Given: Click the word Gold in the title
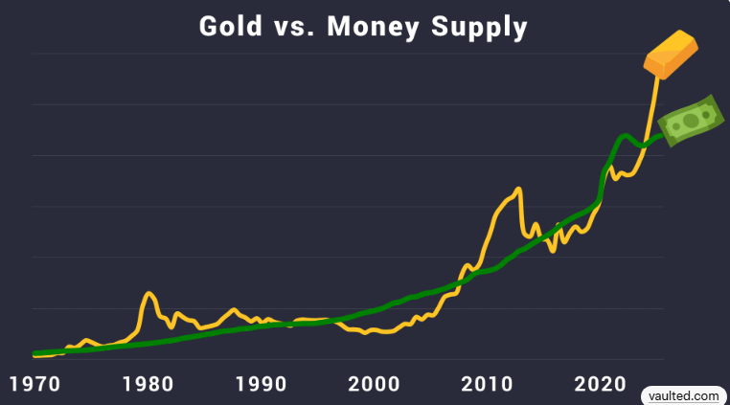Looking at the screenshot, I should click(230, 26).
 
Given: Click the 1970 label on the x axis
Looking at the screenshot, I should click(36, 385).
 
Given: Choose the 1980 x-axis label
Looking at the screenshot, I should click(148, 385).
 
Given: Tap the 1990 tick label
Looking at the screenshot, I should click(261, 385).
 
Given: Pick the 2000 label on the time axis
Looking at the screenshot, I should click(374, 385).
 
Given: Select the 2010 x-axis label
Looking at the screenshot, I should click(487, 385).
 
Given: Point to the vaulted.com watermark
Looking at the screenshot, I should click(683, 394).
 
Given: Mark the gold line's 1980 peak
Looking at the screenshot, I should click(149, 293).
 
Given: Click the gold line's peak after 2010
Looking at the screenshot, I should click(517, 189).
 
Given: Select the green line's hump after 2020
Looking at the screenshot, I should click(624, 136).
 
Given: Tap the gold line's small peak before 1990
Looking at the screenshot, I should click(233, 309).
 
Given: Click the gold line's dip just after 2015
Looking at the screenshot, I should click(553, 251).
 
